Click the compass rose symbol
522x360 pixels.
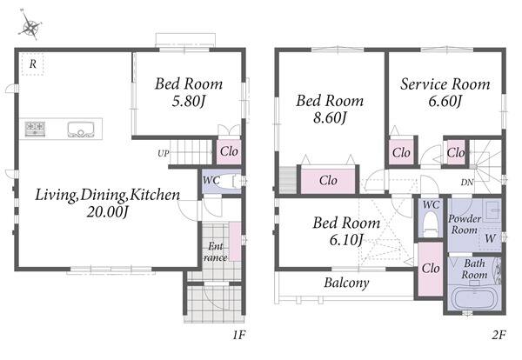tap(30, 27)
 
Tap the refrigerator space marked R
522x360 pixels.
tap(33, 63)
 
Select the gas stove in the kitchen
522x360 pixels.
tap(35, 129)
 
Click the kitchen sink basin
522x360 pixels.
tap(81, 130)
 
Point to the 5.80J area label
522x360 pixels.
tap(188, 101)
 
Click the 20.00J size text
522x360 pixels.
tap(107, 211)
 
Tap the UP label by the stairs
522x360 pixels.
tap(164, 154)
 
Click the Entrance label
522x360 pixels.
tap(216, 252)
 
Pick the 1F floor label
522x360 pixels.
tap(239, 335)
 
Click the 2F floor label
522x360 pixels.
tap(499, 335)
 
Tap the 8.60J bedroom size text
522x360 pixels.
tap(330, 117)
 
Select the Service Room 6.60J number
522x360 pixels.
tap(445, 101)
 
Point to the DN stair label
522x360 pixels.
tap(466, 183)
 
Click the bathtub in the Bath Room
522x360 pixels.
tap(475, 299)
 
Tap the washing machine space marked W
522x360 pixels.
tap(490, 238)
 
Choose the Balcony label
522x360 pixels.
tap(346, 283)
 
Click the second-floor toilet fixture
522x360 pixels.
tap(431, 223)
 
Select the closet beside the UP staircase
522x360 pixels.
tap(229, 152)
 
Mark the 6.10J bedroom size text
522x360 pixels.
tap(346, 239)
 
